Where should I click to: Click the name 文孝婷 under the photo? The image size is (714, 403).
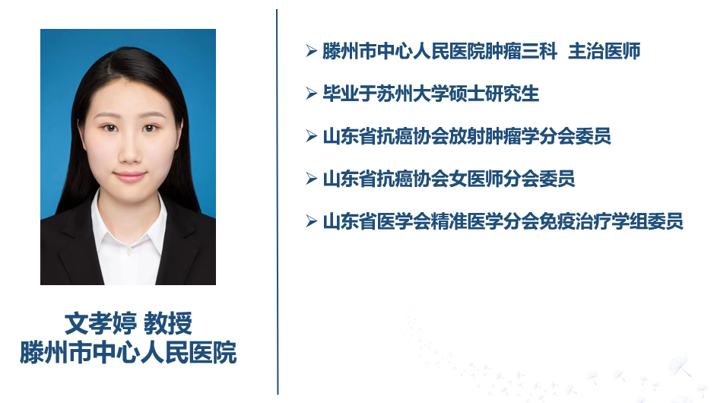(x=100, y=323)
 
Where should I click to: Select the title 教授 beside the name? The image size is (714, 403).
(x=168, y=323)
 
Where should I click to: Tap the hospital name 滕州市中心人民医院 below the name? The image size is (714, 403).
(x=128, y=352)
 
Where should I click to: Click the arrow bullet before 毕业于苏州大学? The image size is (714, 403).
(x=312, y=94)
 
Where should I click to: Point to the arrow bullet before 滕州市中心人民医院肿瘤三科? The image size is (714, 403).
(x=312, y=51)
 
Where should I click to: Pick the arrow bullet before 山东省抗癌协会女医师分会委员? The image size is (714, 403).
(x=312, y=179)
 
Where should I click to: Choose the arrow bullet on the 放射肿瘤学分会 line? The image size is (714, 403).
(x=312, y=135)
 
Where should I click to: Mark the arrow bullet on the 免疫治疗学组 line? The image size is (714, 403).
(x=312, y=221)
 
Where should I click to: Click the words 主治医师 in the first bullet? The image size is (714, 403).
(x=605, y=51)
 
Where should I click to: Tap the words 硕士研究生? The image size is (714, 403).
(x=494, y=94)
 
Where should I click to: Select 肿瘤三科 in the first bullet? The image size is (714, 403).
(x=521, y=51)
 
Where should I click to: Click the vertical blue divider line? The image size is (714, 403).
(x=277, y=201)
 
